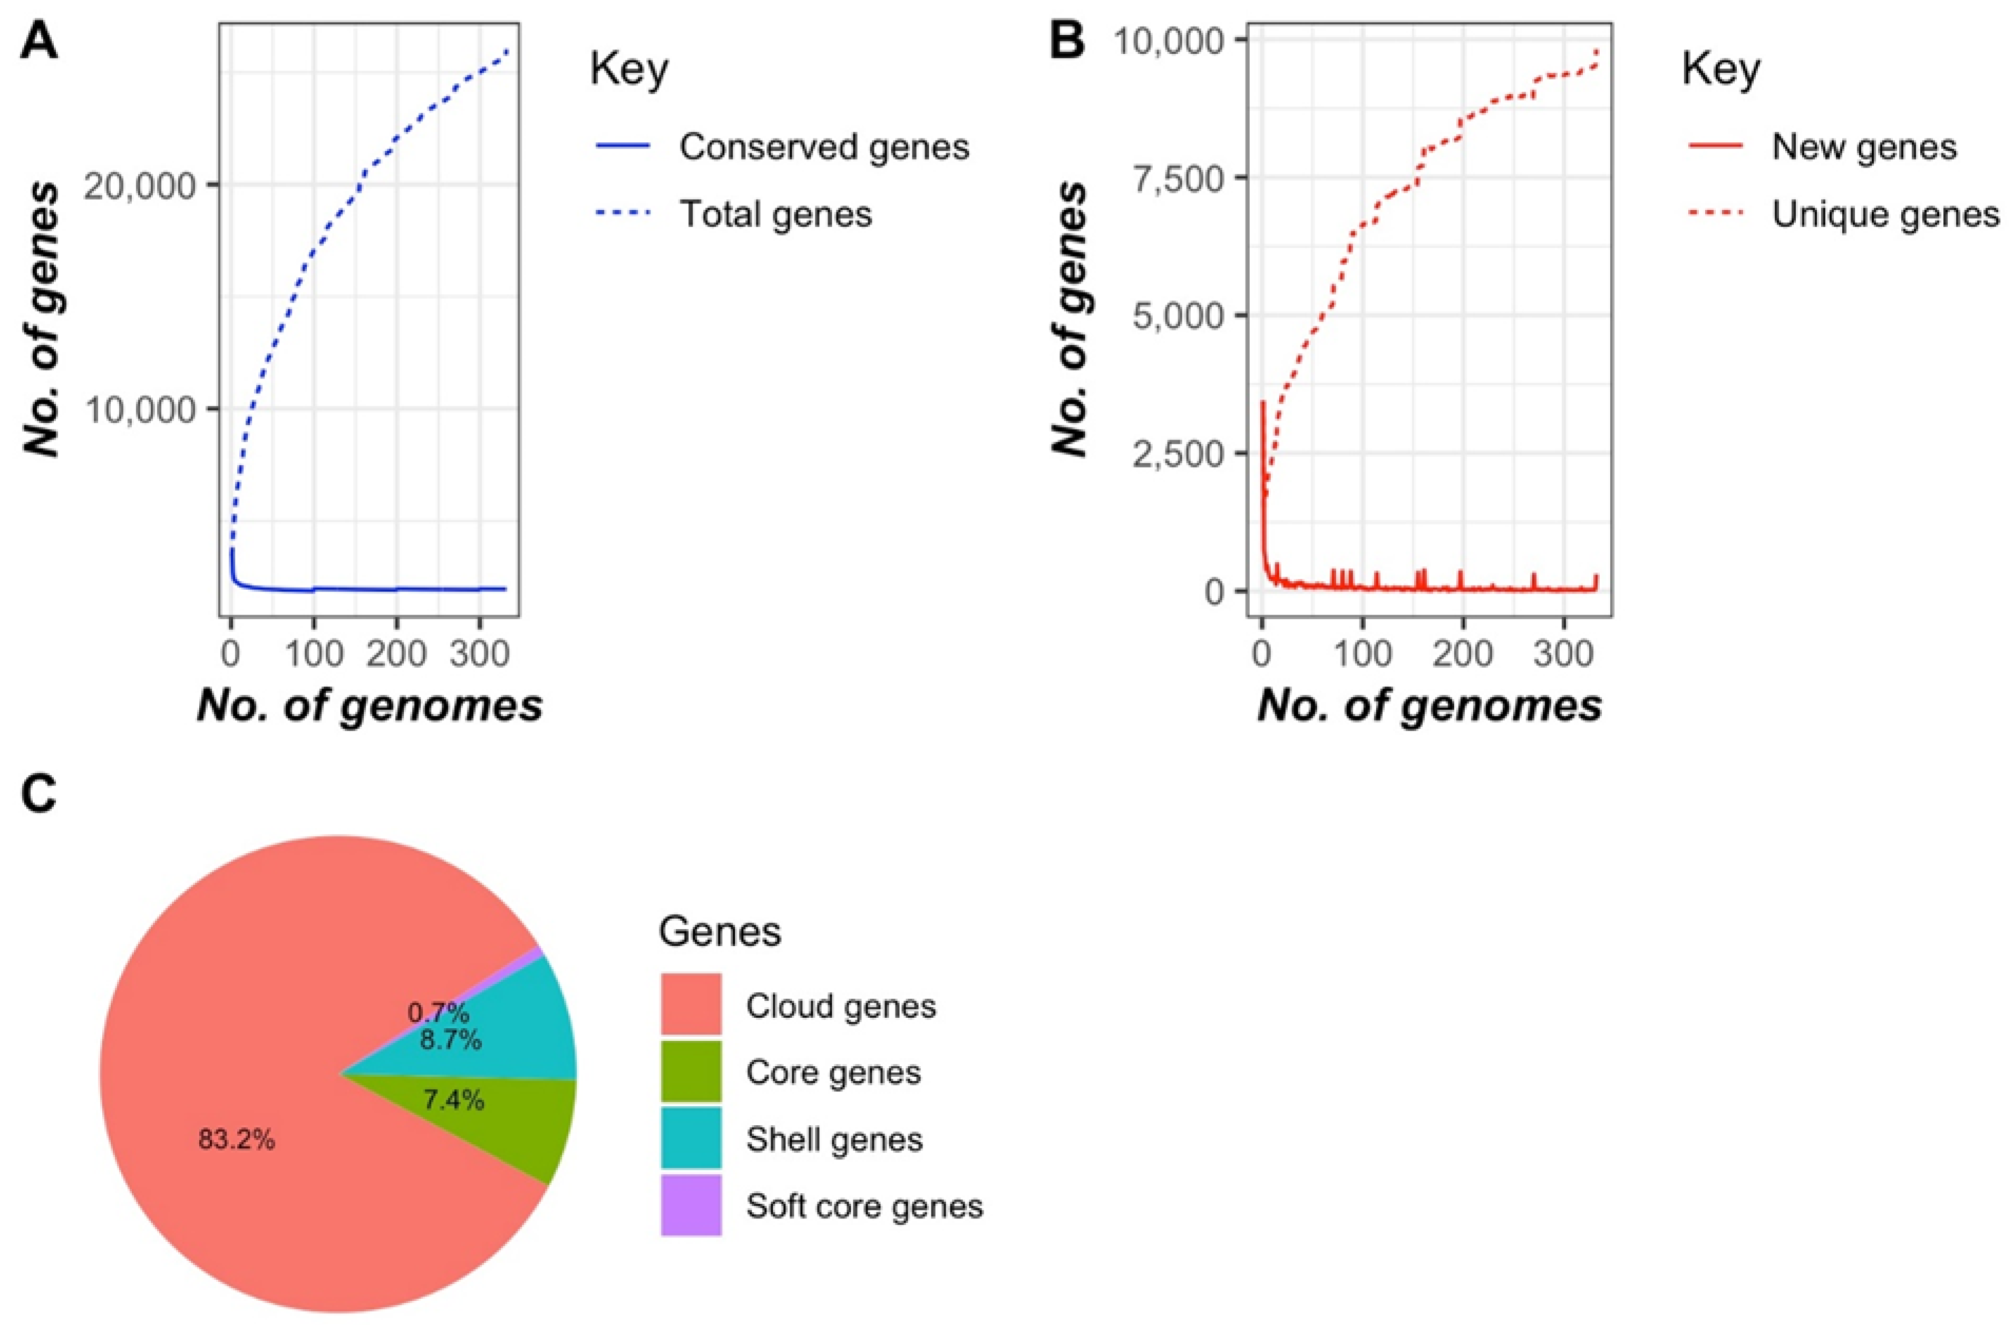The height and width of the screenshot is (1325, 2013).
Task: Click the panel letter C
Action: (x=39, y=796)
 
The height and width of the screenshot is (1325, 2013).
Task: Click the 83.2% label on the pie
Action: (x=236, y=1141)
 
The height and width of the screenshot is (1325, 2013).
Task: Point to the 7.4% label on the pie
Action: (x=453, y=1100)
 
